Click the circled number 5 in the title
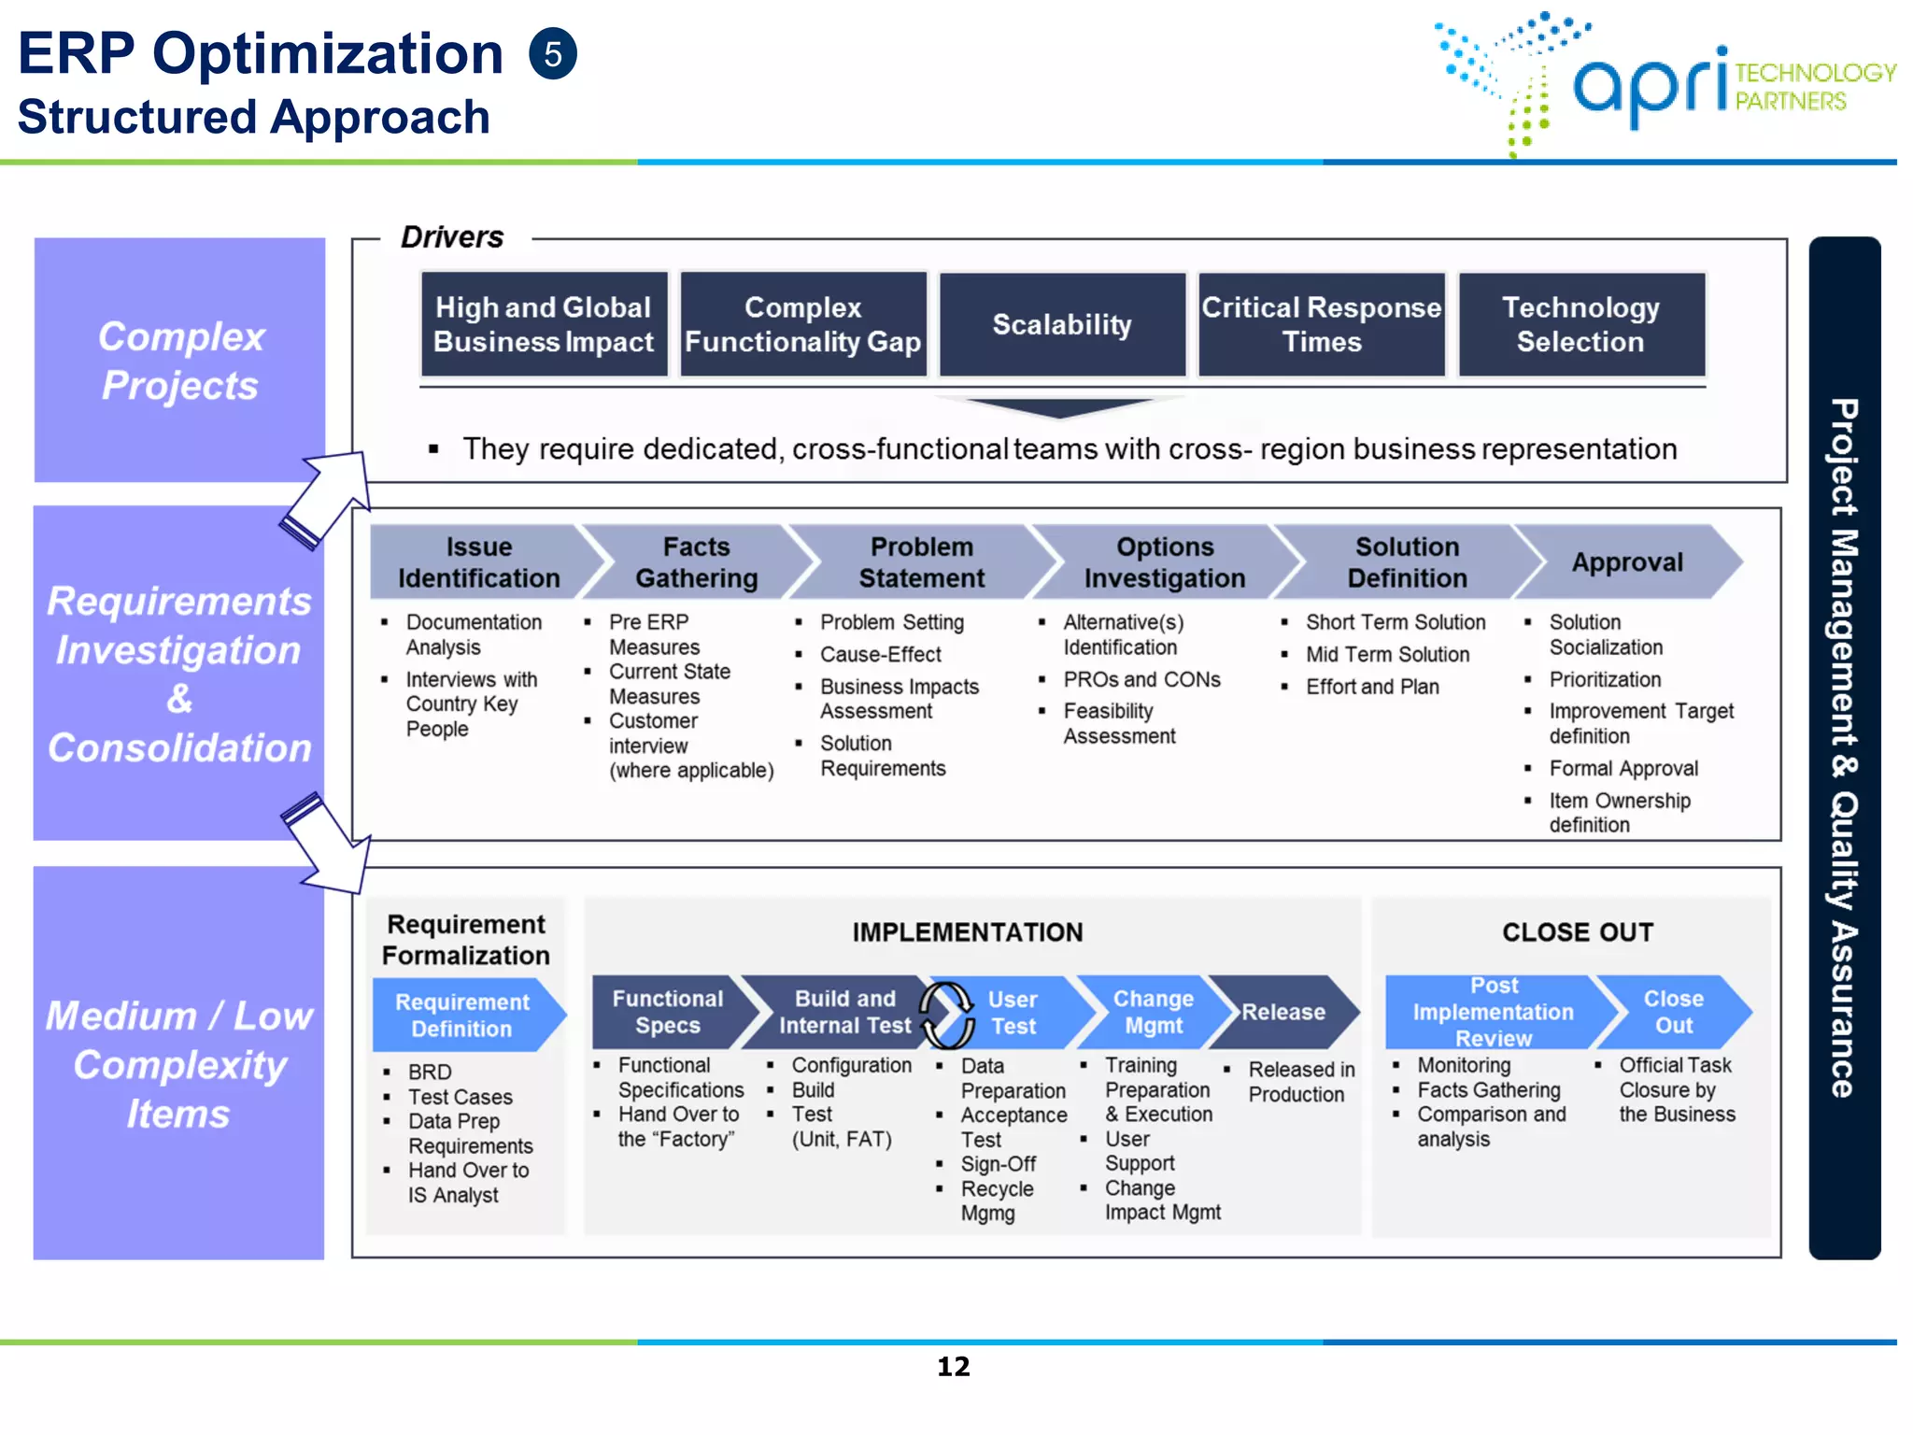click(x=553, y=54)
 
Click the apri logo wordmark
click(x=1651, y=87)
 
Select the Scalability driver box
click(x=1062, y=325)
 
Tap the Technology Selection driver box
click(x=1580, y=325)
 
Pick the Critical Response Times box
click(x=1321, y=325)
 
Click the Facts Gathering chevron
click(x=697, y=562)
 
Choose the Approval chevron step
click(x=1626, y=562)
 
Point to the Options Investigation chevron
click(x=1164, y=562)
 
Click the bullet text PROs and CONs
click(x=1141, y=680)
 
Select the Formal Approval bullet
click(x=1623, y=769)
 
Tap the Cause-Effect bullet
click(x=880, y=655)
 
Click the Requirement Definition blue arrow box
click(x=462, y=1016)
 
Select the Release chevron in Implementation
click(x=1282, y=1013)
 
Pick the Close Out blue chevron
click(x=1673, y=1013)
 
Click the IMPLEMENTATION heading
click(x=968, y=932)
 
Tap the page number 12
click(x=954, y=1367)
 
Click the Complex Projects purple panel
click(x=180, y=361)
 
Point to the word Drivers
click(x=452, y=237)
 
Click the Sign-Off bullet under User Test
click(x=998, y=1164)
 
